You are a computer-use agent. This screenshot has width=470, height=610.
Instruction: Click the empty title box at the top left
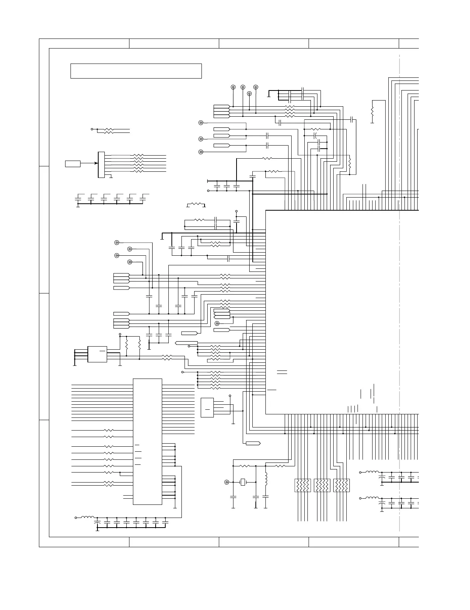(x=136, y=71)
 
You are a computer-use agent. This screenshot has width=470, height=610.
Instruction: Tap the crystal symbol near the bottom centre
(x=243, y=482)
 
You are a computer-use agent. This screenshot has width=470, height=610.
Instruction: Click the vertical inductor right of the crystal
(x=266, y=478)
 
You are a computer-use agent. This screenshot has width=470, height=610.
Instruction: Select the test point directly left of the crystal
(x=227, y=482)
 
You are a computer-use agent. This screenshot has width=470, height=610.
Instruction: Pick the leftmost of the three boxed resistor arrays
(x=303, y=485)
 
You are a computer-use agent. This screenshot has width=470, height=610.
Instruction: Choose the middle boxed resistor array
(x=322, y=485)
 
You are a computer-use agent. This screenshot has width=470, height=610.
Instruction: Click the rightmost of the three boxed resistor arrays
(x=341, y=485)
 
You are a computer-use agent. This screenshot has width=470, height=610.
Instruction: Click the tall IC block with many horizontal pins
(x=147, y=441)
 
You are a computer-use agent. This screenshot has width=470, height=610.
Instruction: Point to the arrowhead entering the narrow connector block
(x=96, y=163)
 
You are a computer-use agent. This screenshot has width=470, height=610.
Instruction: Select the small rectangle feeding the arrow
(x=73, y=164)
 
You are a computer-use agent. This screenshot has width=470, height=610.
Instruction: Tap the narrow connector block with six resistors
(x=101, y=165)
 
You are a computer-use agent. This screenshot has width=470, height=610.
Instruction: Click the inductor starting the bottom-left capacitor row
(x=88, y=518)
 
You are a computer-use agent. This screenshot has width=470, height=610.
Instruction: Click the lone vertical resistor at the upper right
(x=372, y=111)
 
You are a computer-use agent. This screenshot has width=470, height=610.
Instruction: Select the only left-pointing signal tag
(x=186, y=343)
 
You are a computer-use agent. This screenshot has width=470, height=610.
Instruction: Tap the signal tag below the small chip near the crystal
(x=253, y=443)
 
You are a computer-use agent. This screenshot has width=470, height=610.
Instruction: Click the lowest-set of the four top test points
(x=249, y=94)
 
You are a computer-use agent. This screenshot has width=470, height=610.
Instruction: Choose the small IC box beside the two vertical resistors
(x=97, y=354)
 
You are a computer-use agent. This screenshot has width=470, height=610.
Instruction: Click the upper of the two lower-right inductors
(x=371, y=472)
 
